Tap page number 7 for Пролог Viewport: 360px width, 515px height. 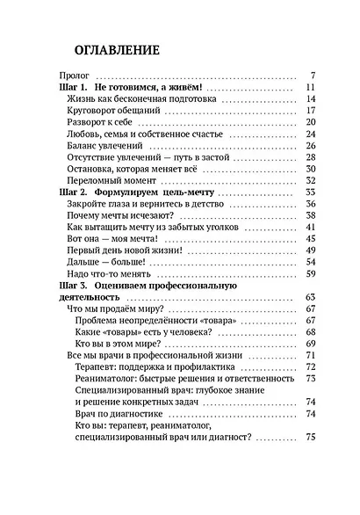click(x=313, y=76)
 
